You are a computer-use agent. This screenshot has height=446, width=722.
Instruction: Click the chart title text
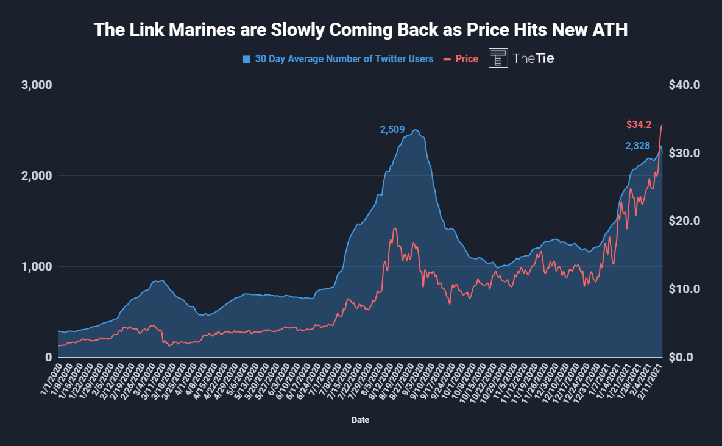(x=361, y=30)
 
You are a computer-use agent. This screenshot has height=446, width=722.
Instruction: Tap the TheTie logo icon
(x=498, y=58)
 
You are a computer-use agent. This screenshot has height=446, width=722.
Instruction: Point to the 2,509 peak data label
(x=392, y=129)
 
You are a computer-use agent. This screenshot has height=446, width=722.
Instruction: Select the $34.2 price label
(x=639, y=125)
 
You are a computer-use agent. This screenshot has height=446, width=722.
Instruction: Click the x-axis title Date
(x=360, y=420)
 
